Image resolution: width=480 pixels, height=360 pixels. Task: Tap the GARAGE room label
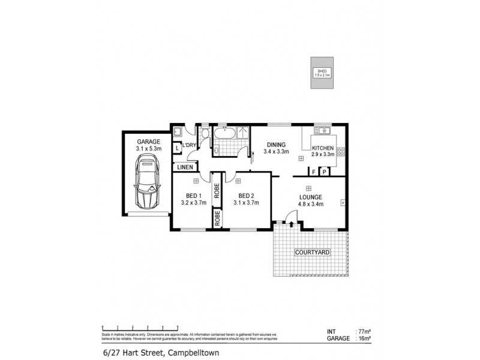click(148, 142)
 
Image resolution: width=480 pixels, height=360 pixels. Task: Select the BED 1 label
click(193, 196)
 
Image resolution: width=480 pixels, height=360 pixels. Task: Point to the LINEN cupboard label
click(184, 167)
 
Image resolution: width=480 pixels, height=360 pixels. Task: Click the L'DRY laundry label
click(190, 146)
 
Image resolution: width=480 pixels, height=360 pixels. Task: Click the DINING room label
click(276, 144)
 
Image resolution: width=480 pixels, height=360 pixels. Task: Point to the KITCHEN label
click(323, 148)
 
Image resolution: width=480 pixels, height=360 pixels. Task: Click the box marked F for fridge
click(313, 172)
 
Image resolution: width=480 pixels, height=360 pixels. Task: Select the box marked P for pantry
click(325, 172)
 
